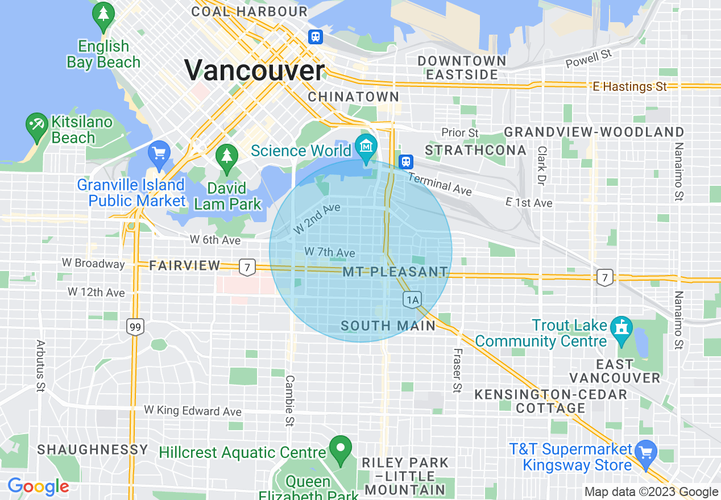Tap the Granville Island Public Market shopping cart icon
(159, 152)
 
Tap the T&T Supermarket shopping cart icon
(645, 453)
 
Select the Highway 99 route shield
(135, 327)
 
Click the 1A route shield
(412, 299)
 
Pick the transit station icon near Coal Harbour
(316, 37)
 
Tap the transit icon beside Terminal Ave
(405, 161)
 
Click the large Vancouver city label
(254, 70)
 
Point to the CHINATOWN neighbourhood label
(354, 97)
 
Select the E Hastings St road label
(629, 87)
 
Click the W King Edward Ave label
(193, 410)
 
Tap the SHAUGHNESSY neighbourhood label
(93, 449)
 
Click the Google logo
(38, 487)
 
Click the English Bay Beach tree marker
(103, 15)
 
